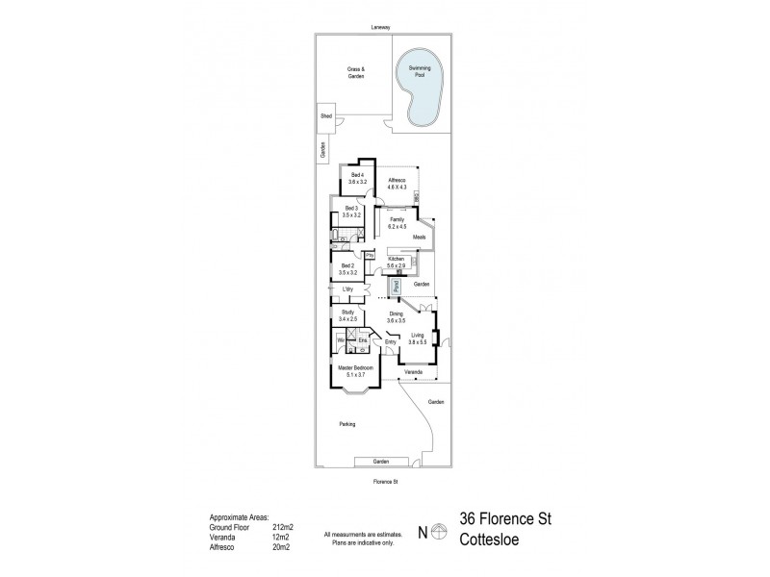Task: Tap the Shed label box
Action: click(325, 116)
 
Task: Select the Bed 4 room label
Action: click(358, 178)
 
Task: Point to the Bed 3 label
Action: click(351, 212)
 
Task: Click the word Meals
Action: click(420, 237)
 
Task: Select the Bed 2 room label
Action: click(348, 268)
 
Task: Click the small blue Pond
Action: click(396, 286)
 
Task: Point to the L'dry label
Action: click(347, 290)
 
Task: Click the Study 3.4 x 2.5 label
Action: click(347, 316)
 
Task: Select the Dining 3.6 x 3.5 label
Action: click(396, 316)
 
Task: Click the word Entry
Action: click(390, 342)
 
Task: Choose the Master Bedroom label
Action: click(355, 371)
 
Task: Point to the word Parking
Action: click(347, 424)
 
